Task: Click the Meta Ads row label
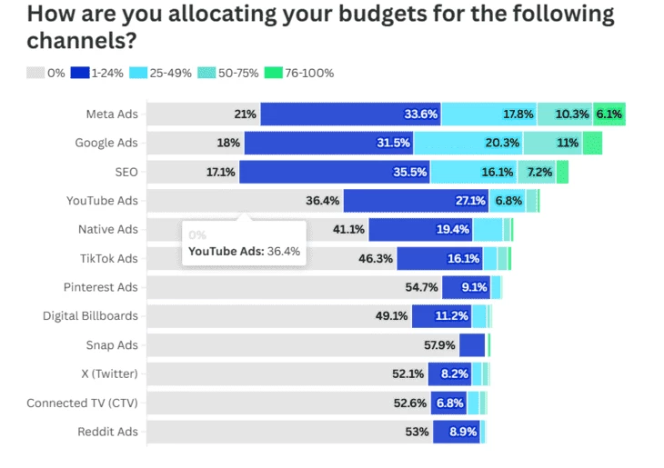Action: pyautogui.click(x=112, y=115)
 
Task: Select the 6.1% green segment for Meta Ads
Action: pyautogui.click(x=609, y=115)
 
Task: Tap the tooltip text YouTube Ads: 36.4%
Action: pyautogui.click(x=244, y=251)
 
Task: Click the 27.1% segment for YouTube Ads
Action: pyautogui.click(x=469, y=201)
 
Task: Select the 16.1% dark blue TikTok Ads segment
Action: pyautogui.click(x=463, y=259)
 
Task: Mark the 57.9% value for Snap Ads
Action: pyautogui.click(x=440, y=345)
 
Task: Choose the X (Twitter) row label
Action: pyautogui.click(x=109, y=374)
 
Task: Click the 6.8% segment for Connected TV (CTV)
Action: pyautogui.click(x=449, y=403)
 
